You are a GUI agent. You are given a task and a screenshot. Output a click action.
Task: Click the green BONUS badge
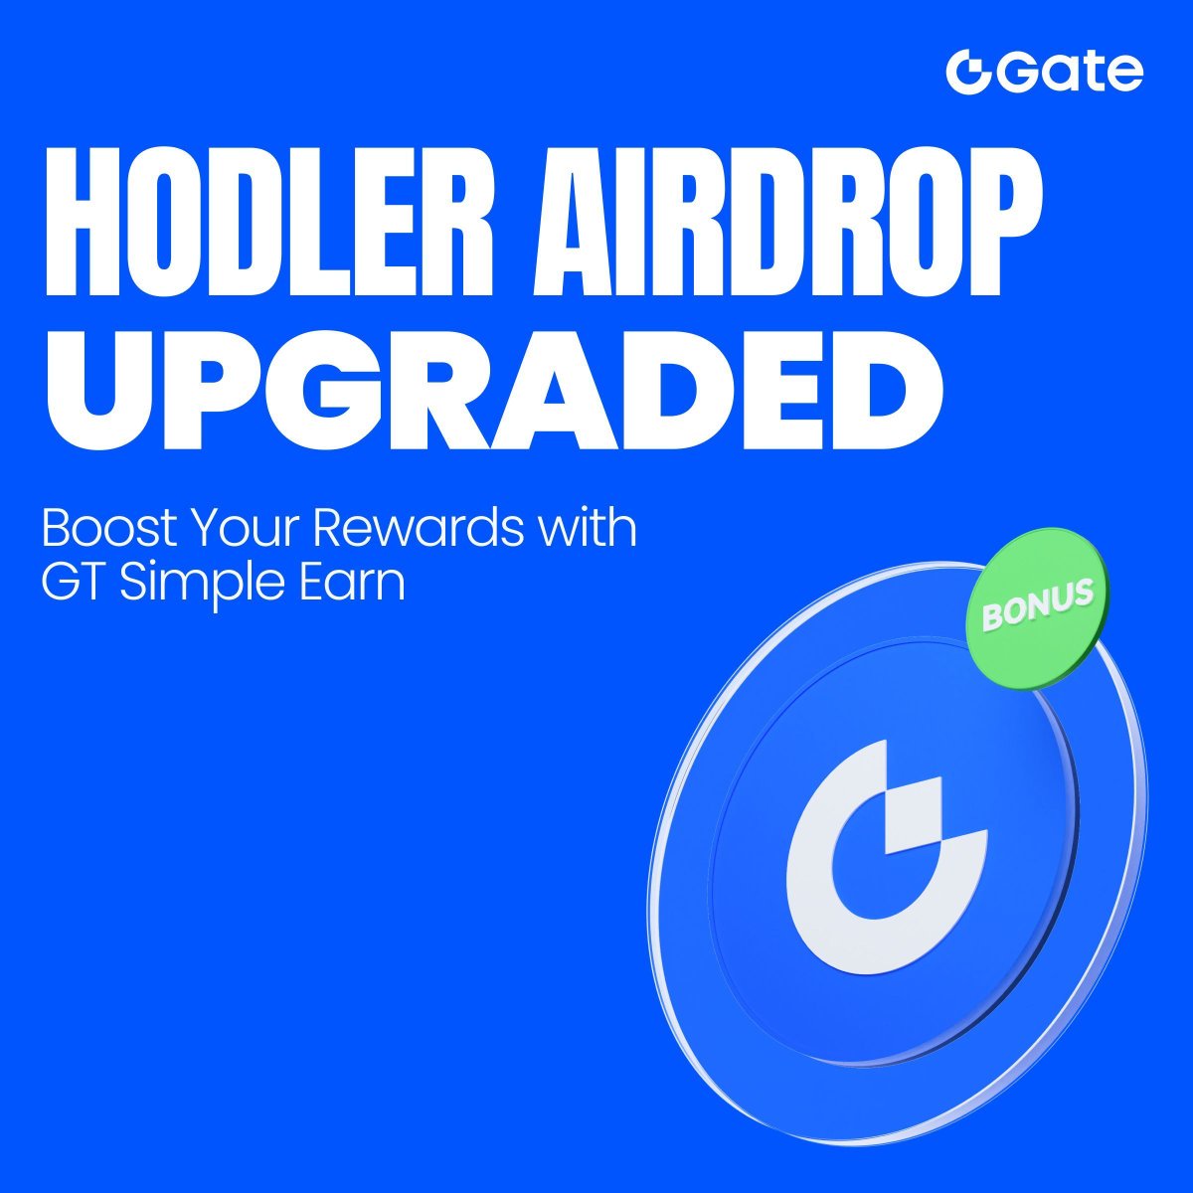(x=1038, y=608)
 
